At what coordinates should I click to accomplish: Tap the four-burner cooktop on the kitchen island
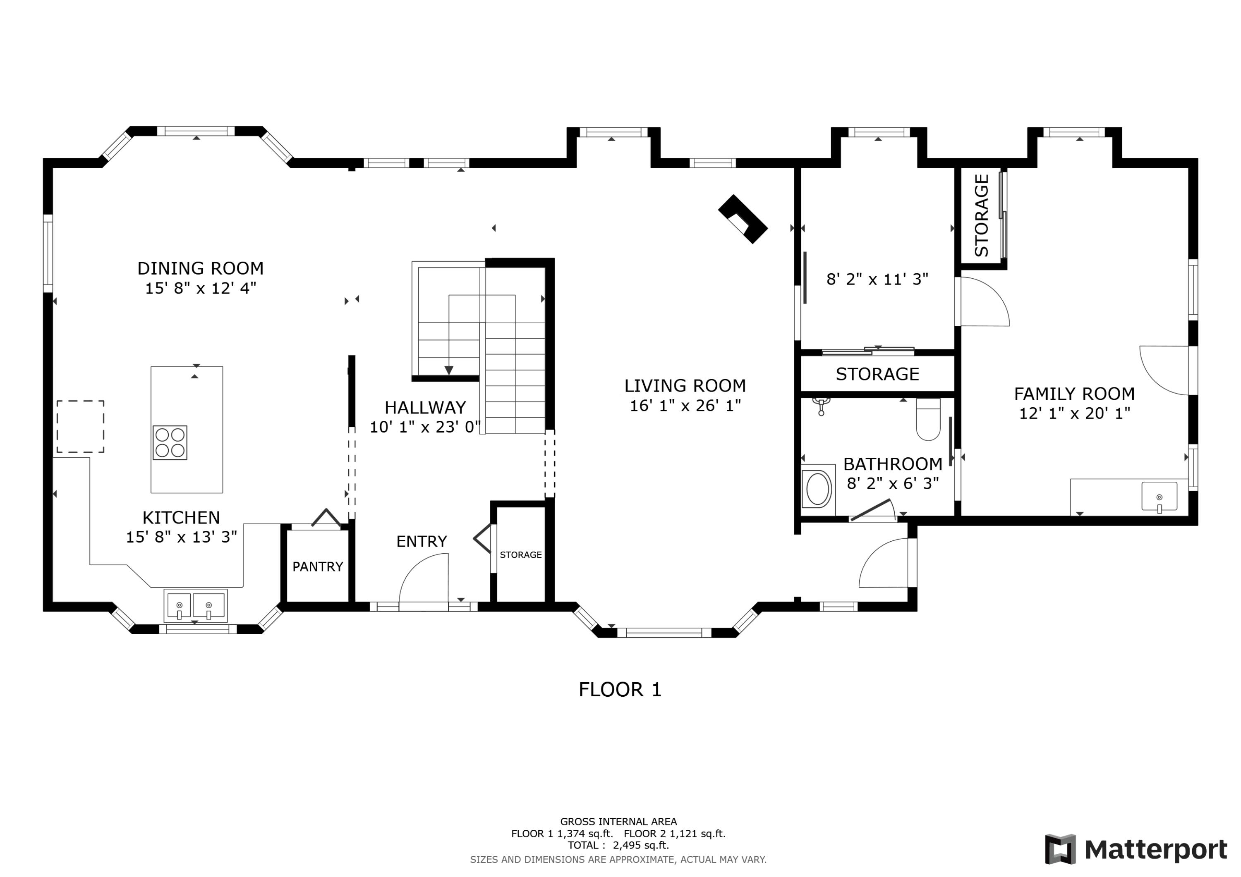[170, 442]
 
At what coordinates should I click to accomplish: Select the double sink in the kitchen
[195, 606]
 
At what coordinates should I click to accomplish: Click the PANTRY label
[318, 566]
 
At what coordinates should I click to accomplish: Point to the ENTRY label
[422, 541]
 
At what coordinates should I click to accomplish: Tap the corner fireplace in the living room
[743, 219]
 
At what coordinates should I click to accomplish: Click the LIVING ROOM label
[685, 386]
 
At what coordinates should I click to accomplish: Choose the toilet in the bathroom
[929, 419]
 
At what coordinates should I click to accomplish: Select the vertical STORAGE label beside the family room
[981, 215]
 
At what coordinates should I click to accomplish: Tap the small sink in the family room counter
[1159, 497]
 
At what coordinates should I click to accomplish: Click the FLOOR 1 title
[620, 690]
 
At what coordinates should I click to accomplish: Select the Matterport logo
[1136, 849]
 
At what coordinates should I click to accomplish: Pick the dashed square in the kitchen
[81, 426]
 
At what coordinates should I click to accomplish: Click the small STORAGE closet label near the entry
[520, 555]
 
